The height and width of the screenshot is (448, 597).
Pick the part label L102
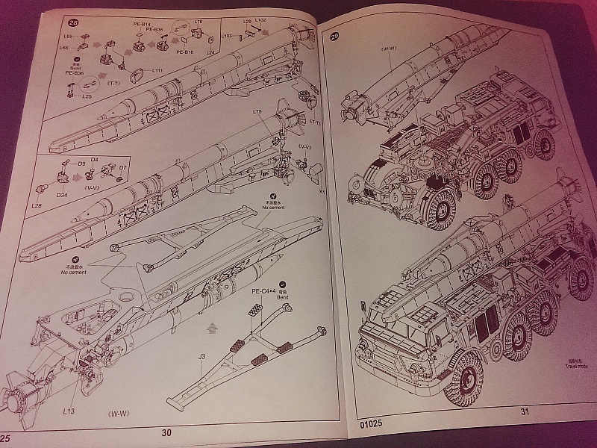(x=260, y=20)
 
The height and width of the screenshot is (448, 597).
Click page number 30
(x=166, y=432)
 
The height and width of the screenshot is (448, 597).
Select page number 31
(x=525, y=411)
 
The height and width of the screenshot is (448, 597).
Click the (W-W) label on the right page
(x=389, y=49)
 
